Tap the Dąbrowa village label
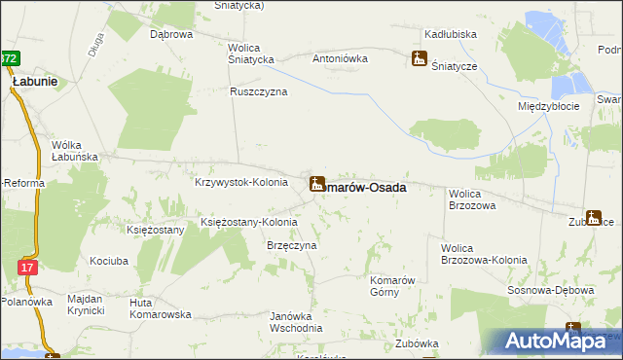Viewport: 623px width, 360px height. point(171,34)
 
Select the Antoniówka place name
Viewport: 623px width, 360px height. point(340,57)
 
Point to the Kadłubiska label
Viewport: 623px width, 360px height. point(451,34)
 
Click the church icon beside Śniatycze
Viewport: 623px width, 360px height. point(420,58)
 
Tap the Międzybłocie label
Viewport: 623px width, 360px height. point(549,105)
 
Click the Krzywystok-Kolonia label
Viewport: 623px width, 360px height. point(240,182)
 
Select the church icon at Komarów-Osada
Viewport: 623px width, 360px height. point(317,183)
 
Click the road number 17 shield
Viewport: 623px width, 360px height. point(27,267)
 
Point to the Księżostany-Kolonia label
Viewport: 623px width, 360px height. point(248,222)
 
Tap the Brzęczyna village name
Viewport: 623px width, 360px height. point(292,246)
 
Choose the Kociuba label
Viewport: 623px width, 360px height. point(109,261)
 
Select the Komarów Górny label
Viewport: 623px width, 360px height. point(393,286)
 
